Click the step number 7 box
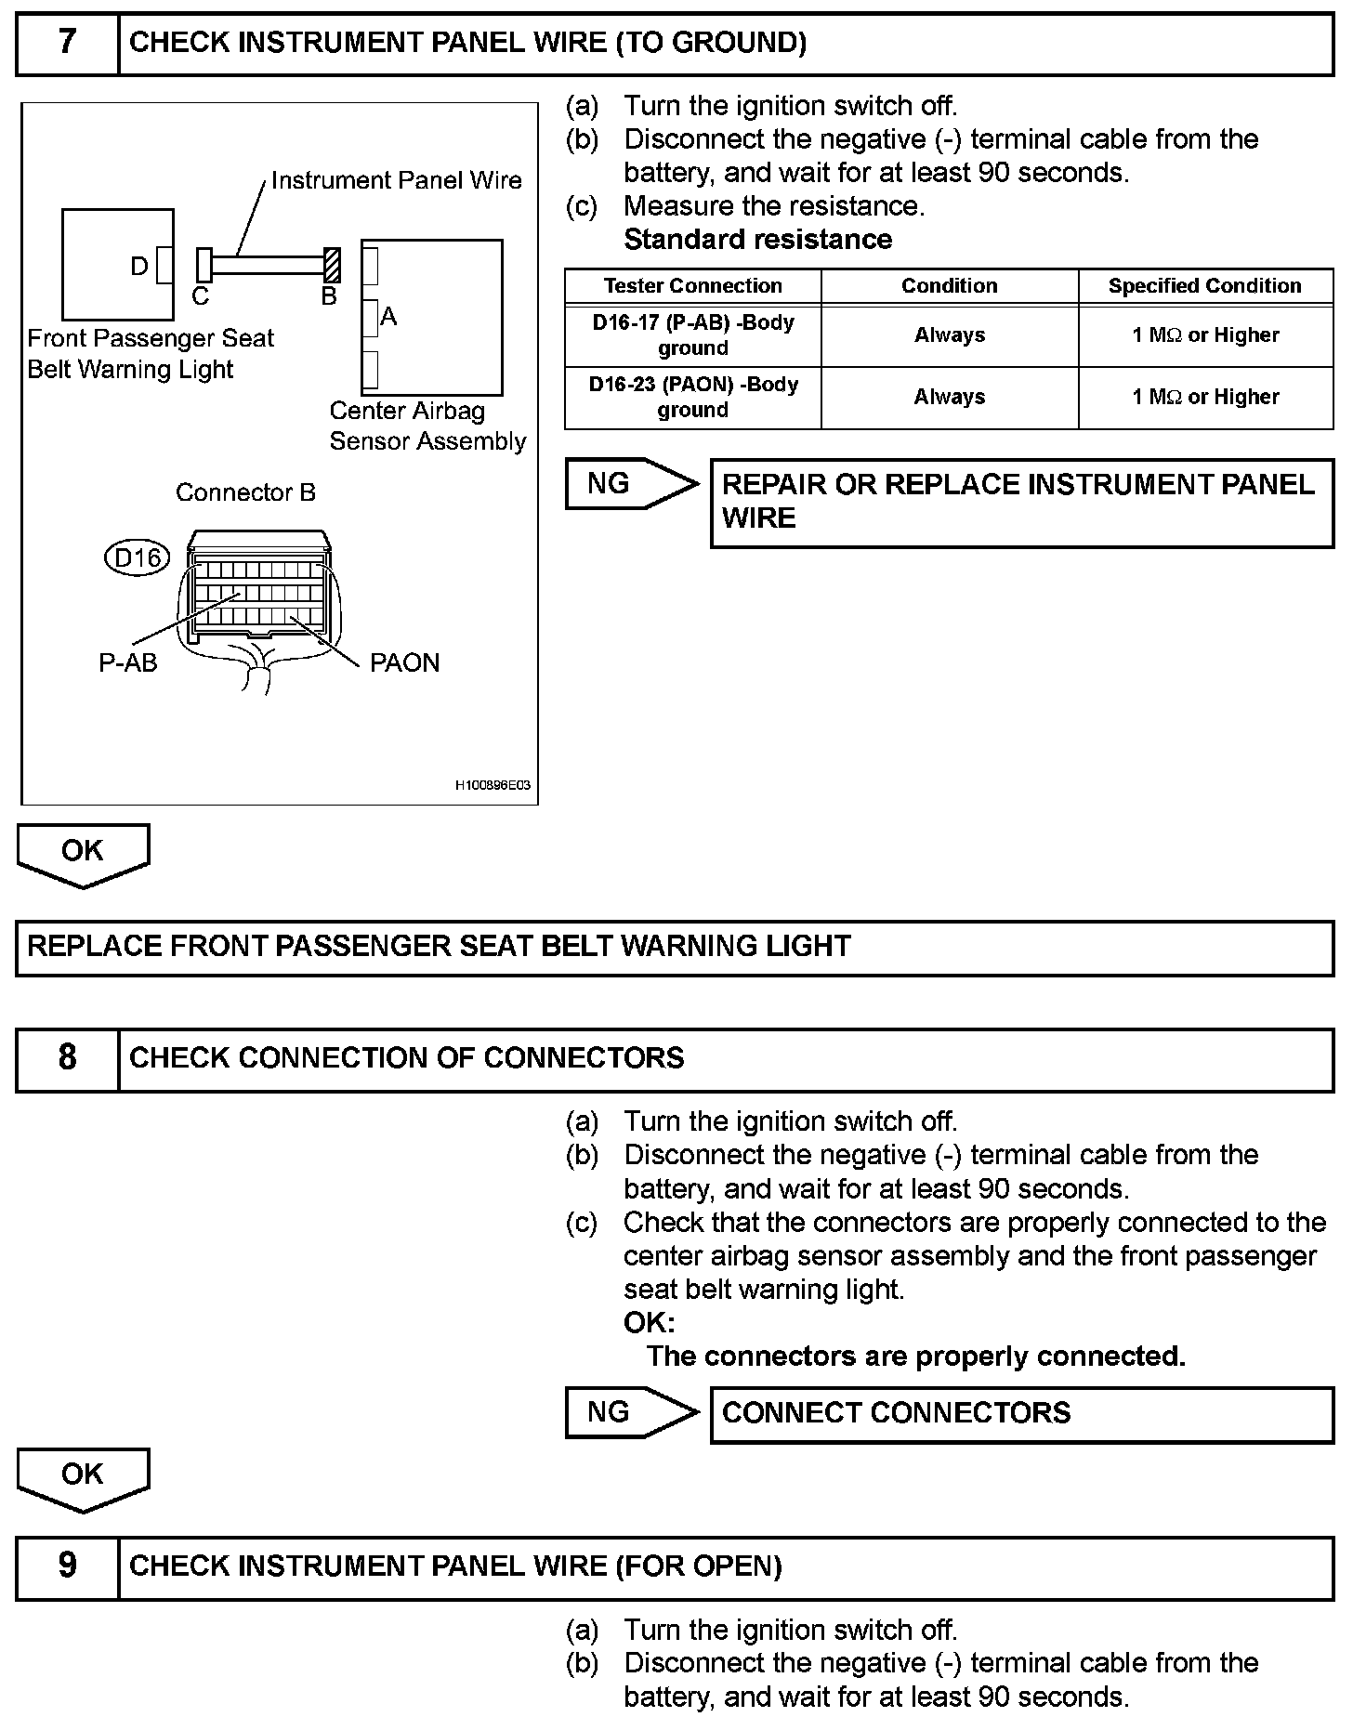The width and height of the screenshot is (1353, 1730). [x=67, y=43]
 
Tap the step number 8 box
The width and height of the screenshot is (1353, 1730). [x=67, y=1058]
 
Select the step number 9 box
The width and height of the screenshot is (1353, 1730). [x=67, y=1566]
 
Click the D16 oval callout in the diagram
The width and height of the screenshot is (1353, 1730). [x=138, y=557]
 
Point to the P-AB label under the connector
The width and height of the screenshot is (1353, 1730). [x=127, y=662]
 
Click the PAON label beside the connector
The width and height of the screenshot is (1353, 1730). [x=404, y=662]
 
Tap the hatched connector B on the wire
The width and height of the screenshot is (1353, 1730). [x=331, y=265]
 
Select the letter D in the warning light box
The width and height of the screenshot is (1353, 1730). [x=139, y=267]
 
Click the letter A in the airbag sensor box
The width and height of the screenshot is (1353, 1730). [x=388, y=317]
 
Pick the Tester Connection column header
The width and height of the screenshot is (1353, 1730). [x=692, y=286]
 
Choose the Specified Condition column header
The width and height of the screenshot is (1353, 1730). [x=1204, y=286]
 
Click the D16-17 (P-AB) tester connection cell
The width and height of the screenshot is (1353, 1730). [x=692, y=335]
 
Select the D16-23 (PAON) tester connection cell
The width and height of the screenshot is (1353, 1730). [x=692, y=397]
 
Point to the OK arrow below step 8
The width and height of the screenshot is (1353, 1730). [x=83, y=1476]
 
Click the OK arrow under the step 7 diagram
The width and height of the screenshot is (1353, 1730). [x=83, y=853]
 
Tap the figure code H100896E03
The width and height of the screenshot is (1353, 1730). [x=493, y=786]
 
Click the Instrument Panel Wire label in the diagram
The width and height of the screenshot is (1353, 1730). [x=396, y=180]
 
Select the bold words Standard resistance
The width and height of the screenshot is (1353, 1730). [x=757, y=240]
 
